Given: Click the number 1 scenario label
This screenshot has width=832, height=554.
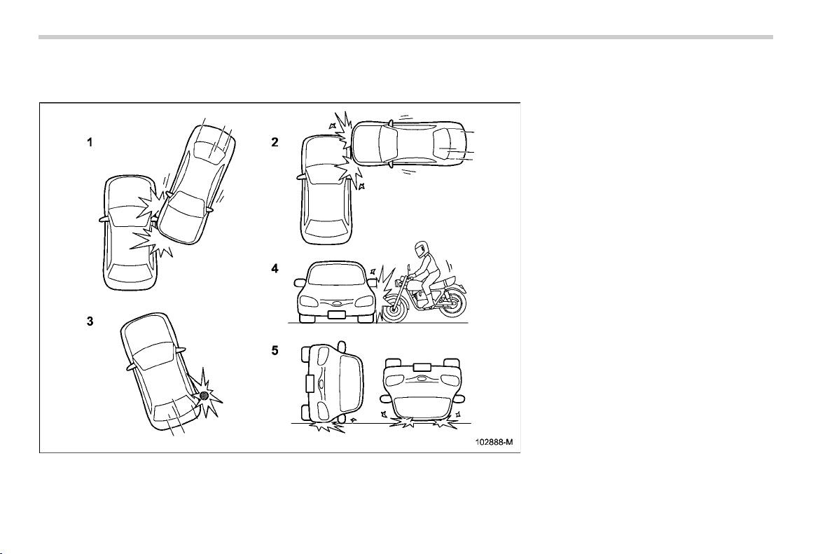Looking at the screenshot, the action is click(x=90, y=142).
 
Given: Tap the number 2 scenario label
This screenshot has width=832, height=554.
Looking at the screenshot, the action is click(x=275, y=142).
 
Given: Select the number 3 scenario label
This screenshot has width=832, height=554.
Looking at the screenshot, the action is click(x=90, y=321).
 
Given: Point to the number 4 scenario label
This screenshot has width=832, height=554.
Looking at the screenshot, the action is click(x=275, y=268).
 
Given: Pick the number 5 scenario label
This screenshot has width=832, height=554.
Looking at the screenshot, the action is click(x=275, y=351).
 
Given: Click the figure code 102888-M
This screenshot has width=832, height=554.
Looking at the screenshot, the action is click(x=494, y=442).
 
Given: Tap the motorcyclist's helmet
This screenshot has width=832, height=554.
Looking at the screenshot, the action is click(x=422, y=249).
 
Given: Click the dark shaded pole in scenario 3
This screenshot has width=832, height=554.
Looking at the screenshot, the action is click(x=204, y=395).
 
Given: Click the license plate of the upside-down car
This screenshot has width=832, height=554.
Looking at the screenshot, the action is click(x=422, y=366).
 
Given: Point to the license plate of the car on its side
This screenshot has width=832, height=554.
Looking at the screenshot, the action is click(x=310, y=383).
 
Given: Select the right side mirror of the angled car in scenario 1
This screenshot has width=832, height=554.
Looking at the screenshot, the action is click(x=212, y=209).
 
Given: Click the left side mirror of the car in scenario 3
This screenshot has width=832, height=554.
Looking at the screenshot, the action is click(x=130, y=367).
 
